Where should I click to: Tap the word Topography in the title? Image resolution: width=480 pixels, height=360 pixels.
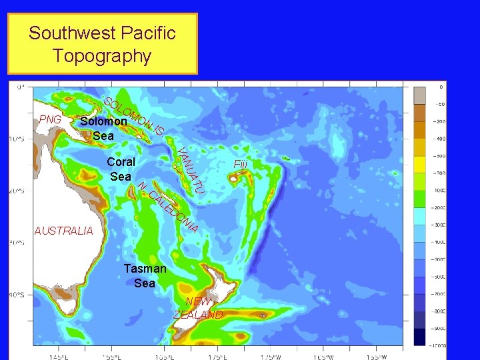point(102,55)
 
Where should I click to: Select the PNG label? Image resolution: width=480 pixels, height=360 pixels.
point(50,119)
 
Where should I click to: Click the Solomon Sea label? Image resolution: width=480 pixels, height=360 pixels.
point(103,129)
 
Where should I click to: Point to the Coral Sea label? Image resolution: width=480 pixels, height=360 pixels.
point(121,169)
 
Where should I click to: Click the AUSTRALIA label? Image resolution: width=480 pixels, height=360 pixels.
point(63,231)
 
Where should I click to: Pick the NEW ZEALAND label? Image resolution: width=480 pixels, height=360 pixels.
point(198,308)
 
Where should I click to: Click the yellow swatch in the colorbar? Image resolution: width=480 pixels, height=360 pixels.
point(420,164)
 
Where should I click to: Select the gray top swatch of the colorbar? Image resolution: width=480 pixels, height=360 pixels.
point(420,95)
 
